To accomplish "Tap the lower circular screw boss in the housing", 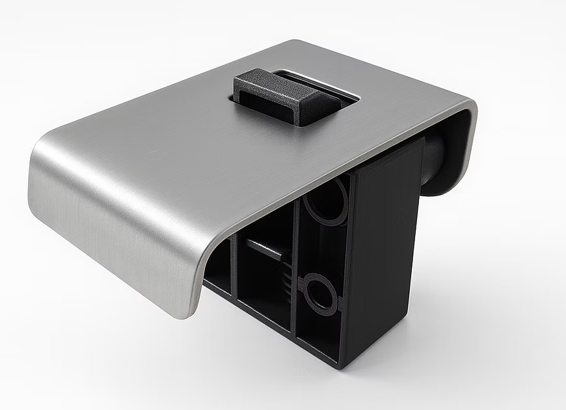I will (319, 292).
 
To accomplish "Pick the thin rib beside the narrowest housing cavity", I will (234, 273).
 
